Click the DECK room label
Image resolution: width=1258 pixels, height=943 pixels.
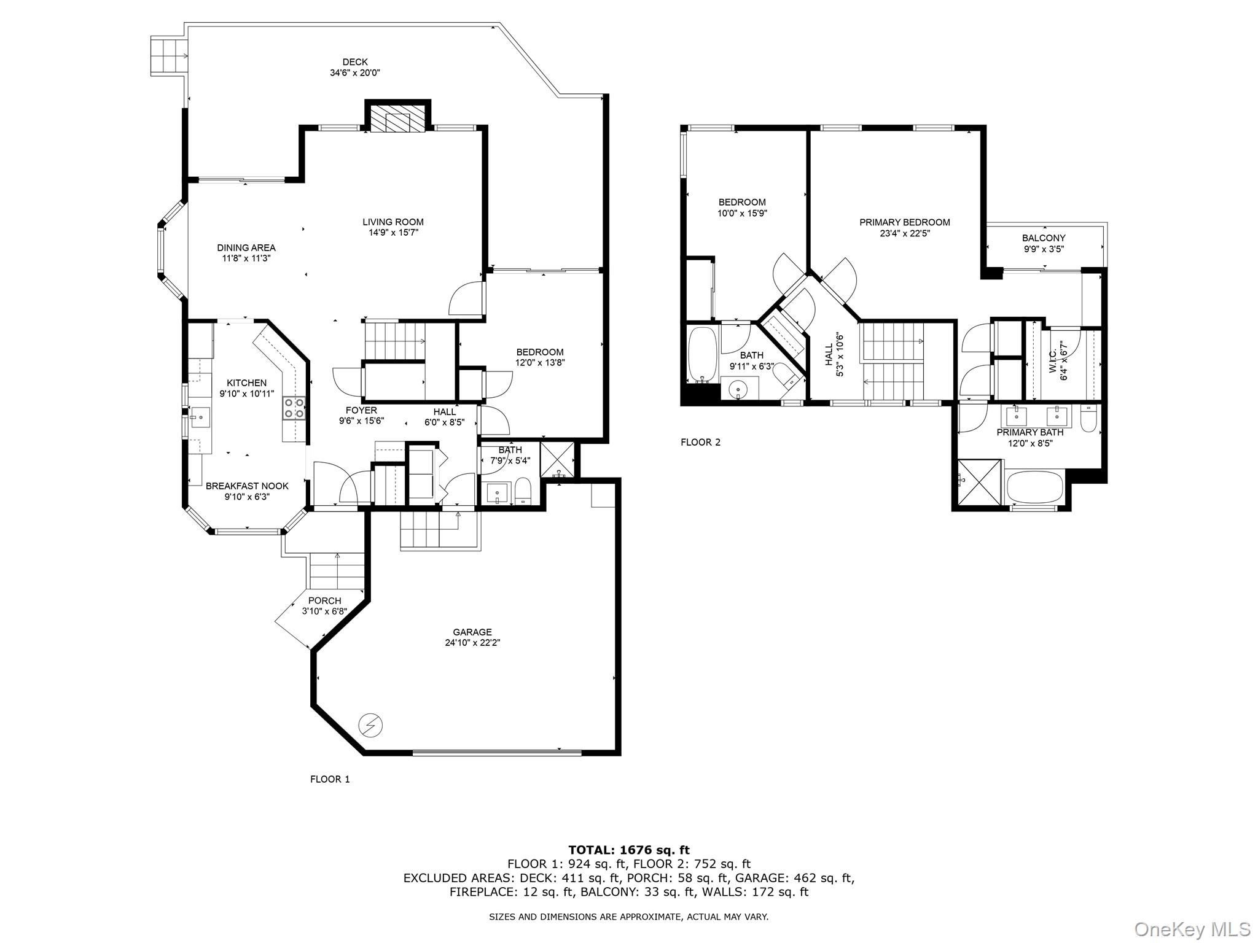(355, 61)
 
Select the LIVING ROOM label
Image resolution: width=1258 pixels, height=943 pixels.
(393, 222)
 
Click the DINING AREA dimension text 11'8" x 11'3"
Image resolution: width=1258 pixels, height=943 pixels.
(246, 258)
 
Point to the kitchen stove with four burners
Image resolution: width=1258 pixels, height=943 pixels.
(294, 408)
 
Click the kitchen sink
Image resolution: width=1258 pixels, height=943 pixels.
(200, 417)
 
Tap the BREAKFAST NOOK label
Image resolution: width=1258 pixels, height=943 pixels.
(247, 486)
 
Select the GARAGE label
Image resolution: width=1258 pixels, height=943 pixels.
(472, 632)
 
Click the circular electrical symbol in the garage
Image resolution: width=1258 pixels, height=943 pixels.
(370, 726)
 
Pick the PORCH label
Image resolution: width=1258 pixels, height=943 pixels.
(325, 600)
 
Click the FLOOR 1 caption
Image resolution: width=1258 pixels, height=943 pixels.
(330, 779)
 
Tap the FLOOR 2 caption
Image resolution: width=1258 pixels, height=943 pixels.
(700, 442)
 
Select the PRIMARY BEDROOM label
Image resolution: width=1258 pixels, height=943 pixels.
(905, 222)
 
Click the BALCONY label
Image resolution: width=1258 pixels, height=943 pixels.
(1044, 238)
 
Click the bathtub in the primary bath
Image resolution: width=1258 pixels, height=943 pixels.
(1034, 487)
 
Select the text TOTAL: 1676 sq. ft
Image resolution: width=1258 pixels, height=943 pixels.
(629, 850)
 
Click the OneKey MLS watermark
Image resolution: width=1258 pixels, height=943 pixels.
(1192, 929)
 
